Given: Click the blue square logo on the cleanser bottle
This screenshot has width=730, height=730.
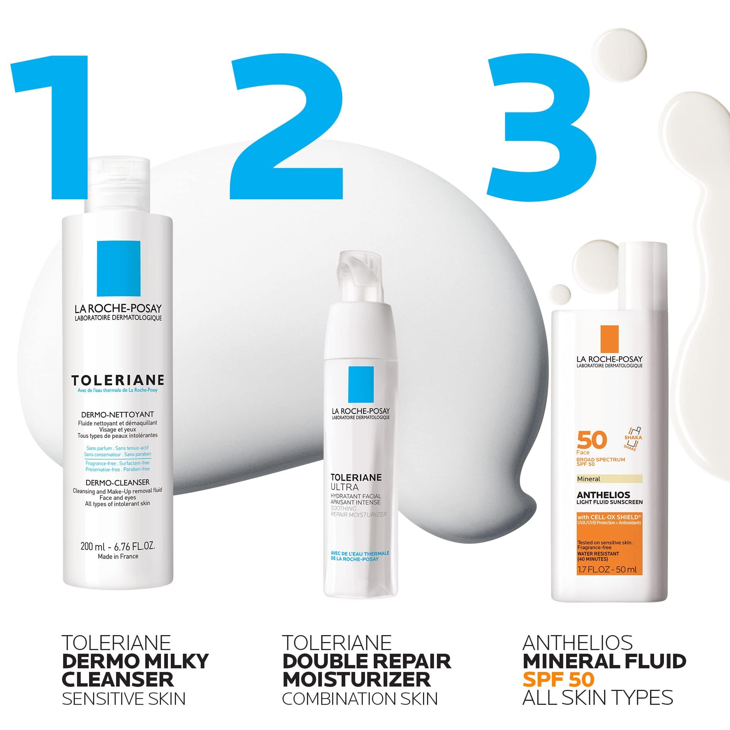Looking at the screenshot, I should tap(118, 269).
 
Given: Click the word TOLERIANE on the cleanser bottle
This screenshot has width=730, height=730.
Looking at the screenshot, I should tap(118, 380).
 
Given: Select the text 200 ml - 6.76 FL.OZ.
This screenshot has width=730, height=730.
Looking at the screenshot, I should tap(118, 546).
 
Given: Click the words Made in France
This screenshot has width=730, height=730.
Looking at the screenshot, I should tap(118, 557).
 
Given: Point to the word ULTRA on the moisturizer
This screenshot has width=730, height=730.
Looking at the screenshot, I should tap(344, 487).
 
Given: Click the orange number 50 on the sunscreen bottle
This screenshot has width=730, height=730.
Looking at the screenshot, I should tap(592, 440).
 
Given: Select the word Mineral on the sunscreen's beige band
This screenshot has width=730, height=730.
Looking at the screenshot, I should tap(589, 479).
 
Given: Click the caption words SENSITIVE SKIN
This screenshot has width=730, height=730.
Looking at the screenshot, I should tap(124, 699).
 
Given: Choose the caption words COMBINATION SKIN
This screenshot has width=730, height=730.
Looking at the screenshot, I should tap(360, 699).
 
